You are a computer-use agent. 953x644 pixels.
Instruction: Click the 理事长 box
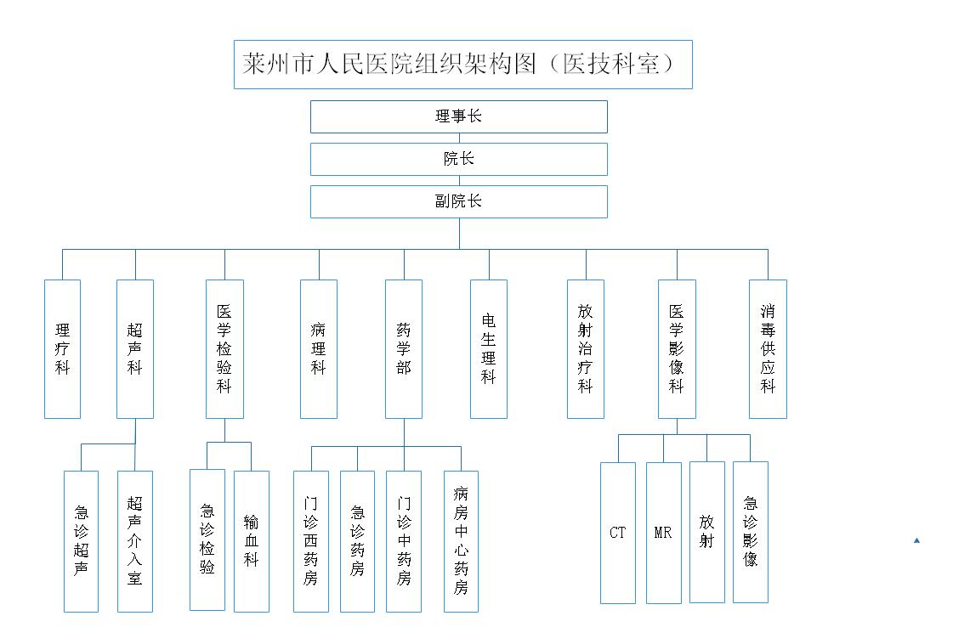coord(459,116)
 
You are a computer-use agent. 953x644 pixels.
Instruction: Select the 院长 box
coord(459,159)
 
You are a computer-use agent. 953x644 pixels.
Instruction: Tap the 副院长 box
coord(459,201)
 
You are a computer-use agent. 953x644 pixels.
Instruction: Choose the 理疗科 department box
coord(63,348)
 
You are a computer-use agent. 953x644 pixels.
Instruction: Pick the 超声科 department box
coord(135,348)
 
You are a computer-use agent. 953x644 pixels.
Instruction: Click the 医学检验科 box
coord(225,348)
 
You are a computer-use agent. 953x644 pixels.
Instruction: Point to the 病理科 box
coord(319,348)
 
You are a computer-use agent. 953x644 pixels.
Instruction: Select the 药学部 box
coord(404,348)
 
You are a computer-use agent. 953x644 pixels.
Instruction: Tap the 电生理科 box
coord(489,348)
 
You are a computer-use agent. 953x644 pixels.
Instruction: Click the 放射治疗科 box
coord(585,348)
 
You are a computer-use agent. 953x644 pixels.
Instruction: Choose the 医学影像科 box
coord(677,348)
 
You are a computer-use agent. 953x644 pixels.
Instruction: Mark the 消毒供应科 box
coord(769,348)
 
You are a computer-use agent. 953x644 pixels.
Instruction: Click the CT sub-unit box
coord(618,533)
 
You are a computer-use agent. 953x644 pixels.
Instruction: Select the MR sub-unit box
coord(664,533)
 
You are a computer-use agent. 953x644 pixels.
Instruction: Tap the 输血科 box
coord(252,541)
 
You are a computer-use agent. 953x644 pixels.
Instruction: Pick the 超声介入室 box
coord(135,541)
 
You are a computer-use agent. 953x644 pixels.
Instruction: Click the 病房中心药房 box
coord(462,541)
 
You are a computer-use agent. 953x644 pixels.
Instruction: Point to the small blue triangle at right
coord(916,540)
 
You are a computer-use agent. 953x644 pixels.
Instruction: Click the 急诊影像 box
coord(751,532)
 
